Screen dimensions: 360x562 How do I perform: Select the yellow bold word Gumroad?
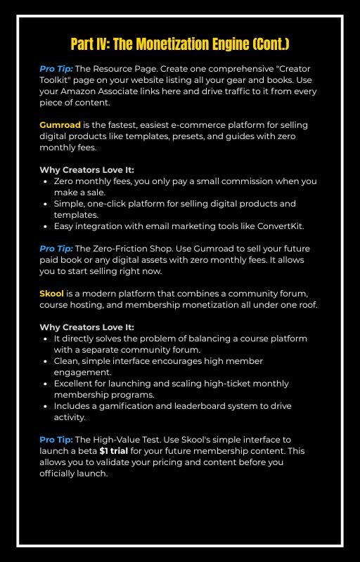(x=60, y=124)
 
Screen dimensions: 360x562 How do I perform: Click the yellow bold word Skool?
(x=51, y=293)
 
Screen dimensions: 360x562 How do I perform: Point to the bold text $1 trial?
(x=114, y=450)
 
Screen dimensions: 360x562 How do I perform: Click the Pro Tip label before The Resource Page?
(x=56, y=68)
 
